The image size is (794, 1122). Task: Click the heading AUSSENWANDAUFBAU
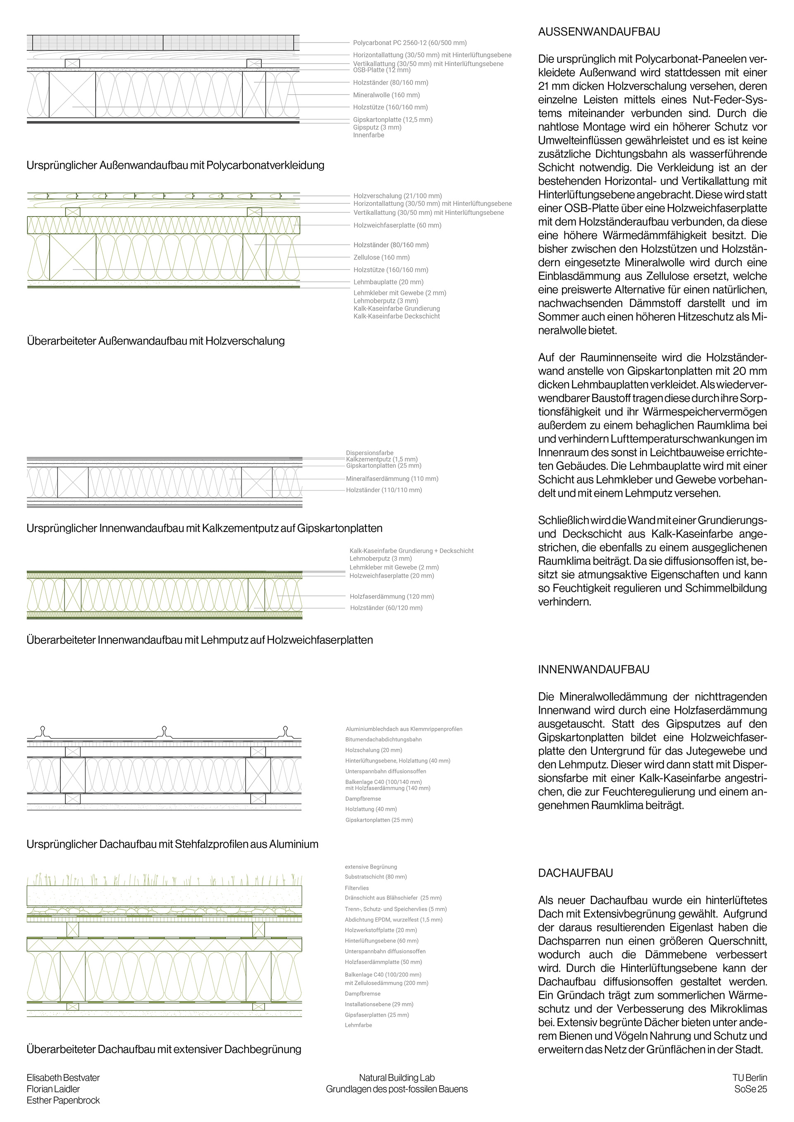599,32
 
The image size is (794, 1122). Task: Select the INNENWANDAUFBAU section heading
593,669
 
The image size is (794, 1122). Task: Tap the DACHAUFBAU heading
576,873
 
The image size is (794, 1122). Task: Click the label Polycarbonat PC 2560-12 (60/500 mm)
410,43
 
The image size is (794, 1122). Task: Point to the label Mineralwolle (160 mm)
386,95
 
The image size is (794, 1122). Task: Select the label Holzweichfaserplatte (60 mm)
397,225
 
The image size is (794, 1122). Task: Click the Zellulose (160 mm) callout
381,257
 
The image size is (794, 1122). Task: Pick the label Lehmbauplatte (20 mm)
388,282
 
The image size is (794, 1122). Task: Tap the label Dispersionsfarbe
370,453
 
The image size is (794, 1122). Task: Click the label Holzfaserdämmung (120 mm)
392,596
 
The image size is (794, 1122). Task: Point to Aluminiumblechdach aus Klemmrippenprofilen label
404,729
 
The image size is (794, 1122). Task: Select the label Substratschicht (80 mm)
375,877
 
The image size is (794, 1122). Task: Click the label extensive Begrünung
371,867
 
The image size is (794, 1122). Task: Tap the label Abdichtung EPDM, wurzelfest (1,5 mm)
394,920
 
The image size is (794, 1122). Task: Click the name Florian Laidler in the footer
53,1089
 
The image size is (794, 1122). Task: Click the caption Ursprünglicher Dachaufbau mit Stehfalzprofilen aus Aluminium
172,844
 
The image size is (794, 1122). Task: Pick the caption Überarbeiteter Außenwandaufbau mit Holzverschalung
155,341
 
